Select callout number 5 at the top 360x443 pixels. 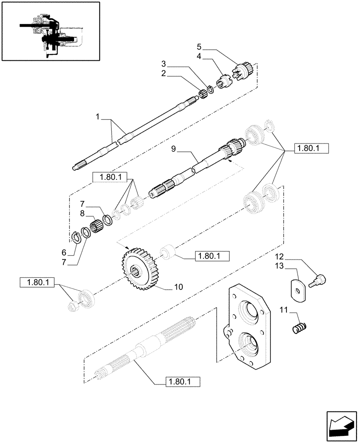point(199,47)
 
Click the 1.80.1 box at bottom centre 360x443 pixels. point(182,381)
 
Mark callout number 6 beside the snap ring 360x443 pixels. point(64,253)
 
